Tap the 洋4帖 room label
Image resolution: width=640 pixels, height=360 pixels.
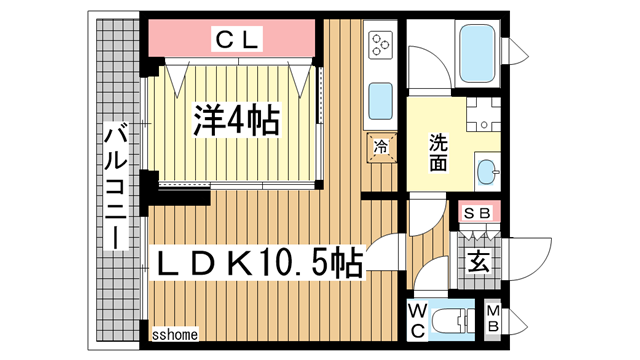tap(236, 121)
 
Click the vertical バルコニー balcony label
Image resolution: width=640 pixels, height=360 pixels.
tap(116, 185)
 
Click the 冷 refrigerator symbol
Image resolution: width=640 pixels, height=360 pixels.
tap(381, 146)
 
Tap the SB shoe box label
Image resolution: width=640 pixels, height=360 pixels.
tap(476, 214)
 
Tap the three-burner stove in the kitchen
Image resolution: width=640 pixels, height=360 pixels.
tap(381, 45)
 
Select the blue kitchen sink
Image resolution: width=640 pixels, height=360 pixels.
tap(381, 100)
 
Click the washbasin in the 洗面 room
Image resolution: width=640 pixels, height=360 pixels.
tap(487, 171)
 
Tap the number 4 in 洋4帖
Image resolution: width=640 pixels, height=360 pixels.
tap(236, 121)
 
